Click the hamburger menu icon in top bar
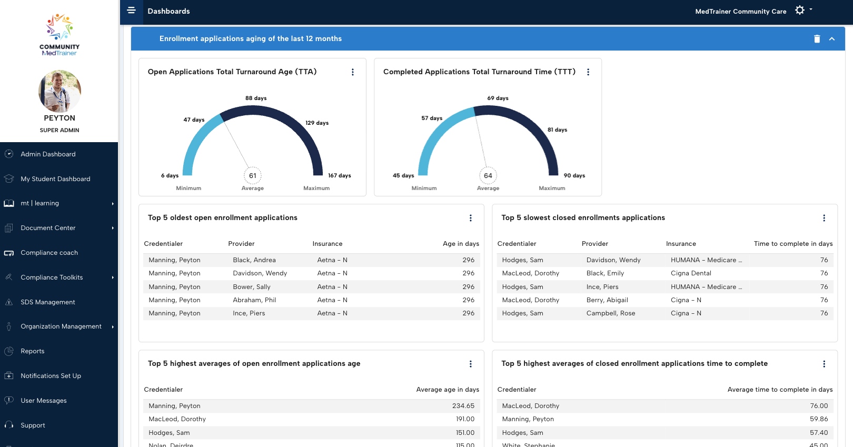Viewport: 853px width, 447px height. (x=131, y=11)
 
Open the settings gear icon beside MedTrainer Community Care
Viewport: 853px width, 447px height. (x=799, y=11)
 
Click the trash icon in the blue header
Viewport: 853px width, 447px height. (x=817, y=39)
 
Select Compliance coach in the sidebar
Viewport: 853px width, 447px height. (x=49, y=253)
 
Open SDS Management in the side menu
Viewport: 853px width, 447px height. (x=47, y=302)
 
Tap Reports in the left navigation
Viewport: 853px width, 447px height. (x=32, y=351)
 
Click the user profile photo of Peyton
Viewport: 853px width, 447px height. (x=59, y=91)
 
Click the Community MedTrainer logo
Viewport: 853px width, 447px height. (x=59, y=35)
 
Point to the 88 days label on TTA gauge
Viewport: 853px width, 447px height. (x=256, y=98)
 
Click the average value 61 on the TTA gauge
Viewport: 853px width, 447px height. (x=253, y=176)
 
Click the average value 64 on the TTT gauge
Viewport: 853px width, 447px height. (x=488, y=176)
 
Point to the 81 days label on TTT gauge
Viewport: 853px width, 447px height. (x=557, y=130)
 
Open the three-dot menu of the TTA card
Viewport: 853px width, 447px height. (x=353, y=72)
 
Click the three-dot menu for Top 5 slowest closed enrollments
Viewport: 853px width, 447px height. (x=824, y=218)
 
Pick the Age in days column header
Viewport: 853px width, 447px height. (x=461, y=244)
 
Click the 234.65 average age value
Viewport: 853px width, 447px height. (x=463, y=406)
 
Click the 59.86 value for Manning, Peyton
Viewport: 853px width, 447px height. (x=819, y=419)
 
